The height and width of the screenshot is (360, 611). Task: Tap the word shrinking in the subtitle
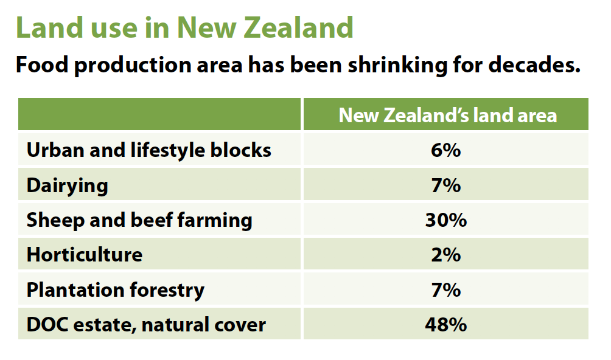pos(397,65)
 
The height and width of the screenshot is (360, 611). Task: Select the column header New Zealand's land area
pos(448,115)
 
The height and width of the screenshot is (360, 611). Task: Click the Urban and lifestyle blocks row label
pos(149,150)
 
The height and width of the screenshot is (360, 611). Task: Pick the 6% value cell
pos(446,150)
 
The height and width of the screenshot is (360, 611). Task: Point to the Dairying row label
pos(68,185)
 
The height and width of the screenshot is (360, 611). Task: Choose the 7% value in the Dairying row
pos(446,185)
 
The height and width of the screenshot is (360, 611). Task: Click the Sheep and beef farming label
pos(139,220)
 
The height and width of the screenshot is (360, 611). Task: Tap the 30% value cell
pos(446,220)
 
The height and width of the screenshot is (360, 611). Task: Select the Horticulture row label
pos(85,255)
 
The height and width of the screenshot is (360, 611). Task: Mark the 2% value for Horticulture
pos(446,255)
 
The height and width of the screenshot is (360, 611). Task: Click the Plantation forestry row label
pos(116,290)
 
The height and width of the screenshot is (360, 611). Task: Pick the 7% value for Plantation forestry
pos(446,290)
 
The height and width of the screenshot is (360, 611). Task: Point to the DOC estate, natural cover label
pos(146,325)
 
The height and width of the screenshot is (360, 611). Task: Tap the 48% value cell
pos(446,325)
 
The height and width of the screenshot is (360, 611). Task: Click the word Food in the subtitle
pos(42,64)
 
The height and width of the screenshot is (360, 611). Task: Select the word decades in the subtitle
pos(534,64)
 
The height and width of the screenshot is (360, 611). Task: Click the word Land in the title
pos(50,27)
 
